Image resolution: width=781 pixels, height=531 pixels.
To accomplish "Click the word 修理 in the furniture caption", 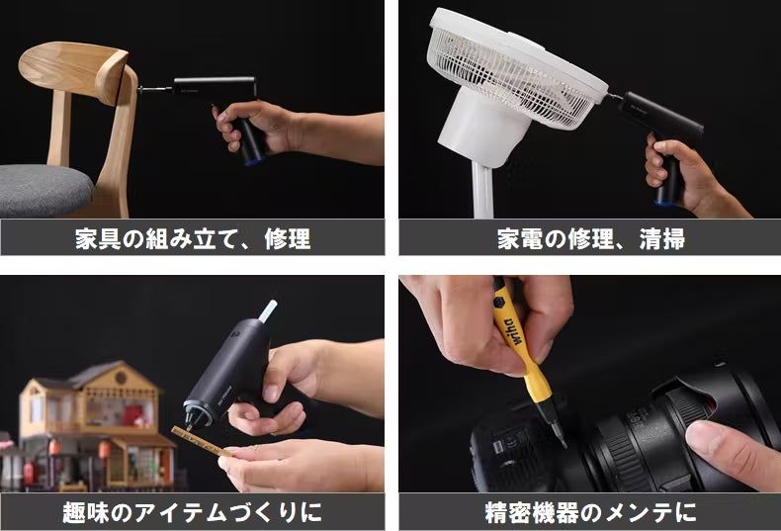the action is [x=288, y=239].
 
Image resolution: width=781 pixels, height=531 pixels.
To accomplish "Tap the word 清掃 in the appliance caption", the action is [x=662, y=239].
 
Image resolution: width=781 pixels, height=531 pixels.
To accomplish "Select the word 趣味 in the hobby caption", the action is [x=86, y=512].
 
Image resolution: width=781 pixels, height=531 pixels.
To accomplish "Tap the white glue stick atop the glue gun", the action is [x=268, y=310].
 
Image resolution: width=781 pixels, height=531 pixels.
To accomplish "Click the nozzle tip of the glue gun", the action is [x=190, y=427].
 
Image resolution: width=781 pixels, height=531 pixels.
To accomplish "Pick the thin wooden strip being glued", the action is [x=201, y=441].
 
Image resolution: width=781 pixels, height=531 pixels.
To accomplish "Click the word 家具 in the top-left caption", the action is [x=98, y=239].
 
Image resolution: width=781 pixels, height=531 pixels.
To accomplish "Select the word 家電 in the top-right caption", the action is [x=520, y=239].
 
